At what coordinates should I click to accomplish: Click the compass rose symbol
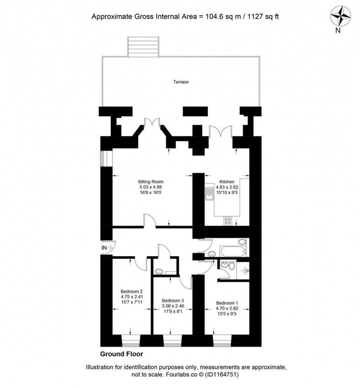(x=340, y=17)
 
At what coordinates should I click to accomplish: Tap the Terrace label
(x=181, y=82)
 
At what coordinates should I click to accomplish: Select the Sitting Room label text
(x=150, y=182)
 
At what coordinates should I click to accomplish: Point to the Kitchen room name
(x=227, y=182)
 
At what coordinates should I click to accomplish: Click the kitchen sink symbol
(x=210, y=193)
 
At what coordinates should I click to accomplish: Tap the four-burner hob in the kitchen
(x=228, y=221)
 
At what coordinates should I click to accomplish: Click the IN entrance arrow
(x=107, y=248)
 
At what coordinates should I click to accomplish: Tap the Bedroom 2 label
(x=131, y=291)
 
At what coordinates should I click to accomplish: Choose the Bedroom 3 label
(x=173, y=300)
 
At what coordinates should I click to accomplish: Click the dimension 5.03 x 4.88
(x=150, y=187)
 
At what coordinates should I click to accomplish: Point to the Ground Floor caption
(x=122, y=354)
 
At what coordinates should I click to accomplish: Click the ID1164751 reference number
(x=223, y=375)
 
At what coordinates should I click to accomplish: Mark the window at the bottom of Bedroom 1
(x=222, y=341)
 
